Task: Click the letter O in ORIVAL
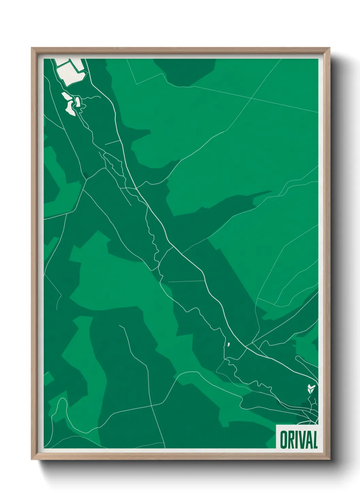click(x=283, y=440)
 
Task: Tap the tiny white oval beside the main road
click(x=229, y=344)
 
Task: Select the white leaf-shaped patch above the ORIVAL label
click(x=310, y=388)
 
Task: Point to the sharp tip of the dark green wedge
click(x=271, y=191)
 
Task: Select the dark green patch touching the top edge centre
click(x=185, y=72)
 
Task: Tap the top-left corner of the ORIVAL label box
click(x=276, y=425)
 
